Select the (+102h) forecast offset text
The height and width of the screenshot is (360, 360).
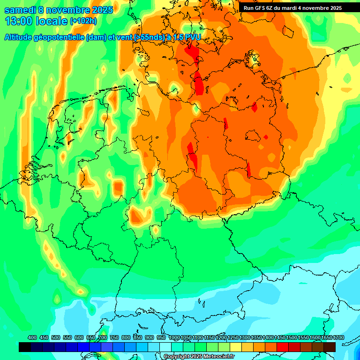pyautogui.click(x=83, y=21)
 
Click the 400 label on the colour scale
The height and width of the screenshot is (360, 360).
pyautogui.click(x=32, y=338)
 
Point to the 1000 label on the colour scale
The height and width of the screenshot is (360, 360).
pyautogui.click(x=174, y=338)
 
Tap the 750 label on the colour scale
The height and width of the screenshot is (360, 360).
pyautogui.click(x=114, y=338)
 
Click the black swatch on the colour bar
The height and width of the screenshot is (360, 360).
pyautogui.click(x=25, y=347)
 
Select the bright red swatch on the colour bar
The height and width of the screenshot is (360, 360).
pyautogui.click(x=282, y=347)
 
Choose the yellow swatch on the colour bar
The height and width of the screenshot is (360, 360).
pyautogui.click(x=236, y=347)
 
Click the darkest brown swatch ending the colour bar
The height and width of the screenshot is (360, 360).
pyautogui.click(x=330, y=347)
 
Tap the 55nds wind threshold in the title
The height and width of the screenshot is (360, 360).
pyautogui.click(x=148, y=37)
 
